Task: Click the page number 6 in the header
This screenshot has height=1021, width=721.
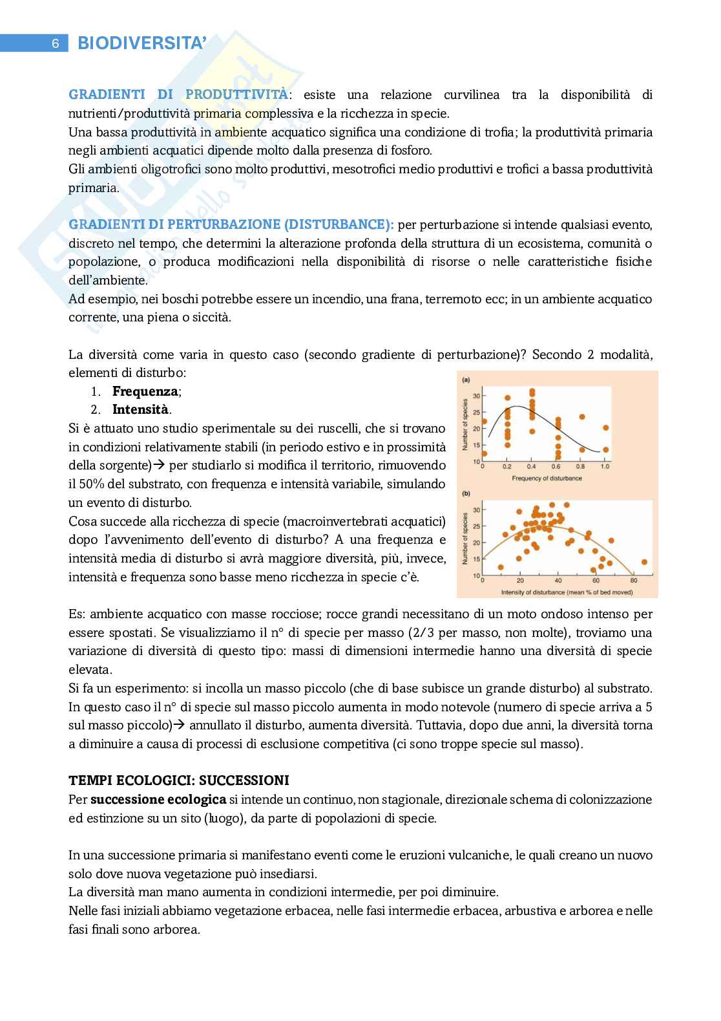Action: click(x=56, y=44)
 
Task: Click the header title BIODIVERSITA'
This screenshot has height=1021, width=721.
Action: click(x=141, y=43)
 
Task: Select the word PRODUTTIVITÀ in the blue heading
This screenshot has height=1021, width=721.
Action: click(x=236, y=95)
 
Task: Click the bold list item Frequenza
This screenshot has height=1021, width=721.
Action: click(x=145, y=391)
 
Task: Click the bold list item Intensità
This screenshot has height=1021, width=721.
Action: click(x=140, y=409)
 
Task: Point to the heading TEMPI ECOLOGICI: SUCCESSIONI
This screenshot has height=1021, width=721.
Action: click(x=179, y=780)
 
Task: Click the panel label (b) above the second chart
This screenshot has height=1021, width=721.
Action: click(x=466, y=494)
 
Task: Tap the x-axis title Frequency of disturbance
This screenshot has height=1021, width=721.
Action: click(x=547, y=478)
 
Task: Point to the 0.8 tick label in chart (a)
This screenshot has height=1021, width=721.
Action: click(x=580, y=466)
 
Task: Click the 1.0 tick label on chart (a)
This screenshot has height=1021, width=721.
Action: click(x=605, y=466)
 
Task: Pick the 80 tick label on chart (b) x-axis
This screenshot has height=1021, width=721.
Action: click(x=634, y=581)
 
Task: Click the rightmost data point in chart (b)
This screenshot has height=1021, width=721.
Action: click(x=644, y=562)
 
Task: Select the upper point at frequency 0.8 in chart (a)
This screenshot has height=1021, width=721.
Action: click(x=582, y=417)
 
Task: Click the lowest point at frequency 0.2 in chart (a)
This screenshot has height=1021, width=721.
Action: click(x=508, y=445)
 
